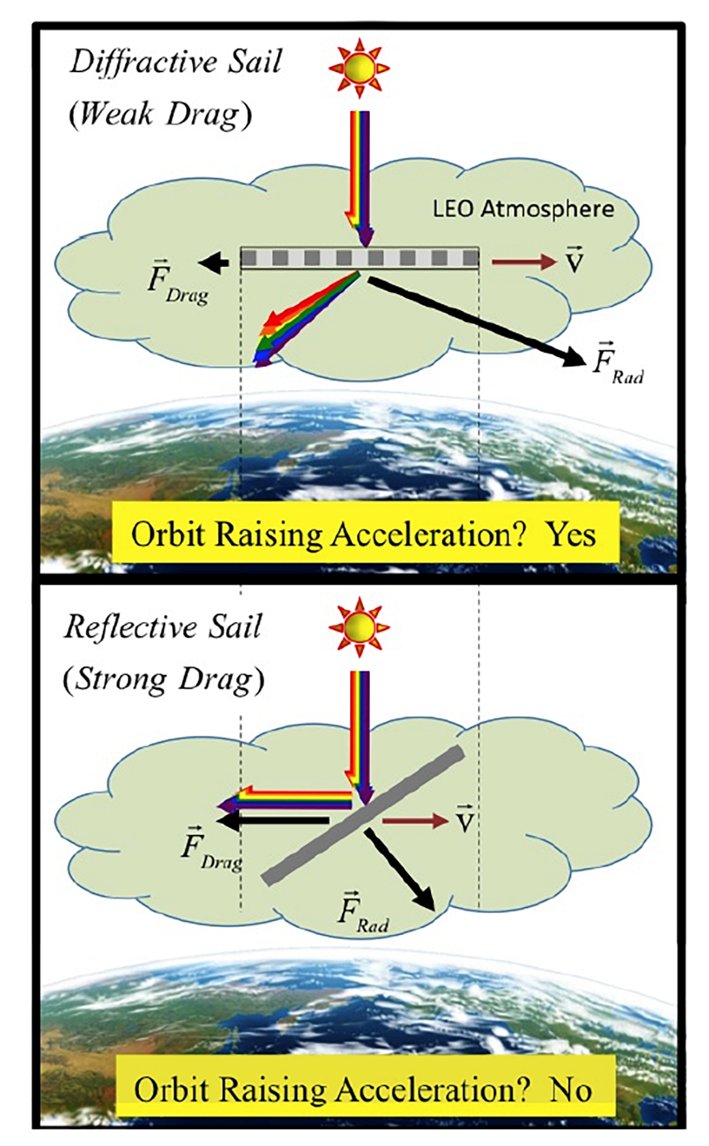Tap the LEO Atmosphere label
pos(523,209)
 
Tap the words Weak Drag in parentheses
pos(160,114)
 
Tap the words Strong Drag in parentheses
pos(163,679)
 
